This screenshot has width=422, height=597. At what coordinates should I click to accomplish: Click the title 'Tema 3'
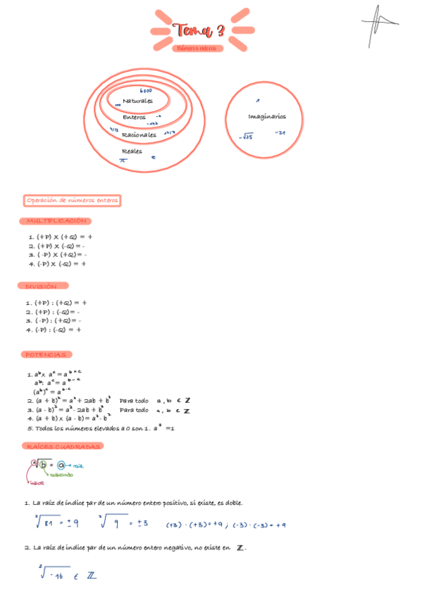coord(201,30)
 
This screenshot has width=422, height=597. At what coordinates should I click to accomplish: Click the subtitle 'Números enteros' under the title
coord(200,49)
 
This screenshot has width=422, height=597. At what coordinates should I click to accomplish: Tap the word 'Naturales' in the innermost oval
coord(137,101)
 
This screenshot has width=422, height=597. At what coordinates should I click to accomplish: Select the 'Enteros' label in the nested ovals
coord(134,117)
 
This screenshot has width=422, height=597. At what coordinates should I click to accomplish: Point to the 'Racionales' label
coord(139,134)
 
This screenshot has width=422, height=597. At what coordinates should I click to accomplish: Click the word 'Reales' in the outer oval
coord(132,151)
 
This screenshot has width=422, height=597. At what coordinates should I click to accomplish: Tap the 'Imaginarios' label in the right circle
coord(266,116)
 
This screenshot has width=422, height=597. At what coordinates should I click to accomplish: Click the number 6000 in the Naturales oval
coord(147,91)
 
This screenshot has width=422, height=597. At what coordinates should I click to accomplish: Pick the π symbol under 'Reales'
coord(123,160)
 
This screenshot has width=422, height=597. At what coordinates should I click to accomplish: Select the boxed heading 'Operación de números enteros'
coord(72,201)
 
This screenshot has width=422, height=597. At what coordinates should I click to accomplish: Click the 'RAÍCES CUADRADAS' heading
coord(63,446)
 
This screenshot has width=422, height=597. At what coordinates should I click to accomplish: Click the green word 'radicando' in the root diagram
coord(61,475)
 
